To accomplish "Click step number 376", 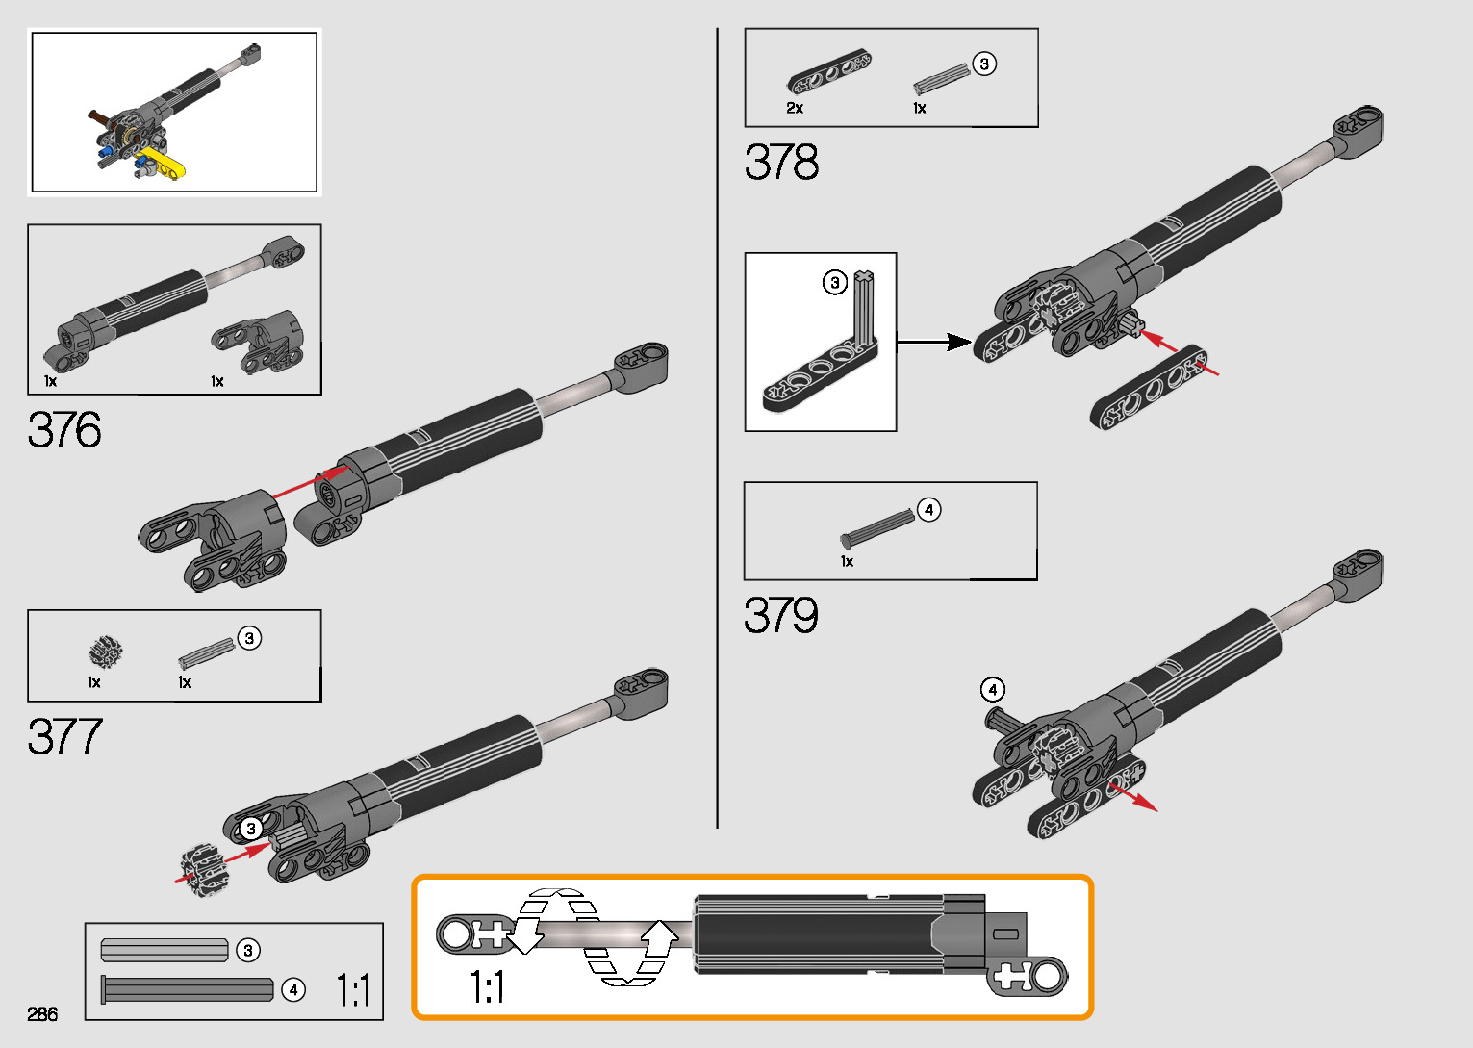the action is [x=64, y=430].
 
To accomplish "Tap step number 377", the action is [x=64, y=737].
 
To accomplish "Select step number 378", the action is [x=781, y=163].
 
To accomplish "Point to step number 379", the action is [x=780, y=616].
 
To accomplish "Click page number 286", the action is [x=42, y=1014].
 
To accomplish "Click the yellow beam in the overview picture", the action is [x=164, y=165].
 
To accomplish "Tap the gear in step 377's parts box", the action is [x=104, y=653].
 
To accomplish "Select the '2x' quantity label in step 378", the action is [x=795, y=108].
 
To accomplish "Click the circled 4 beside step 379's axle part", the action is [x=928, y=510].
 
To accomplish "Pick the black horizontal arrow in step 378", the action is [x=933, y=342].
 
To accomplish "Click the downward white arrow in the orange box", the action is [x=526, y=933].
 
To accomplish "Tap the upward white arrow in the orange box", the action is [x=660, y=936].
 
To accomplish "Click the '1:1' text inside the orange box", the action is [x=487, y=986].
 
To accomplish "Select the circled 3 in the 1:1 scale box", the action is [x=248, y=951].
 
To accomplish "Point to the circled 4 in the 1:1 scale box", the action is [x=292, y=989].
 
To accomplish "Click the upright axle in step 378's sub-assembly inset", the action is [x=865, y=307].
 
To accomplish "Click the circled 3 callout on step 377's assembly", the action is [x=251, y=829].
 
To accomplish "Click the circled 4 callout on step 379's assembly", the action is [x=992, y=689].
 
